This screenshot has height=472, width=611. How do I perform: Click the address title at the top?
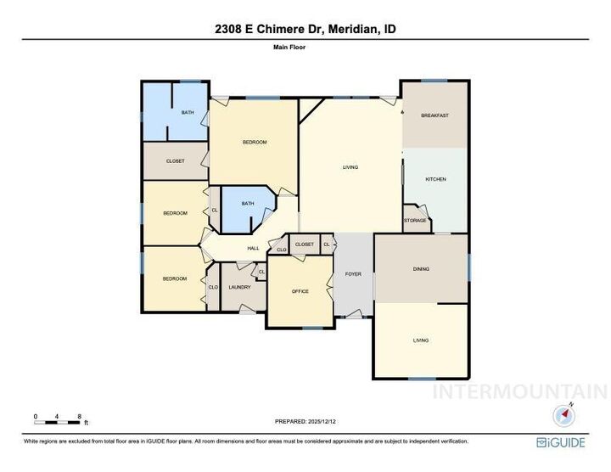point(305,30)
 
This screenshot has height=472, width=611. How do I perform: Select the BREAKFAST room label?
point(434,115)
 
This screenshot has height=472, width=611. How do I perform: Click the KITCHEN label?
point(435,179)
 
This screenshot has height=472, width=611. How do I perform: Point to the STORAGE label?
point(415,221)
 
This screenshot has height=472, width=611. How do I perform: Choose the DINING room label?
point(421,269)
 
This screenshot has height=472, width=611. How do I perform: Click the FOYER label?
point(353,274)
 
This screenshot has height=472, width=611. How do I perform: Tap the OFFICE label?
point(300,291)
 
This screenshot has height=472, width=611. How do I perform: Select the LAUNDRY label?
point(239,287)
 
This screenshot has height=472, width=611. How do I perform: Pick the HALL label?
point(253,248)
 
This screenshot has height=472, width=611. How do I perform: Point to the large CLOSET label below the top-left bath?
point(175,160)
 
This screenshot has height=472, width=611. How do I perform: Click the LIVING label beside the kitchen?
point(350,167)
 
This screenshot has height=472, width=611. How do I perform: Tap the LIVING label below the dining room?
point(421,340)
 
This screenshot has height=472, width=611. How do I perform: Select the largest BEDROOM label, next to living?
point(255,142)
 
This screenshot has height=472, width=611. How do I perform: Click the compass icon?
point(565,415)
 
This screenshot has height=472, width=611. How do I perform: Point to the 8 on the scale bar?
point(79,416)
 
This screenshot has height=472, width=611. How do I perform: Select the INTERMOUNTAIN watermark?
point(519,391)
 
